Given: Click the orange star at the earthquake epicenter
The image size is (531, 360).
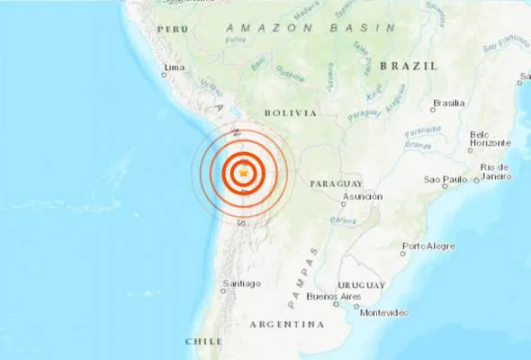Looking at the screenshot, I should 243,171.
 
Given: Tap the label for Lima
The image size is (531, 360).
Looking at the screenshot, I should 175,67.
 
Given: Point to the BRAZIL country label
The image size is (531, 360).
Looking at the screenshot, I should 409,66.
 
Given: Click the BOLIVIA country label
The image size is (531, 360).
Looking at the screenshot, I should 291,112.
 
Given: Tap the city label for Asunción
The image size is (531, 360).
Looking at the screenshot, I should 363,195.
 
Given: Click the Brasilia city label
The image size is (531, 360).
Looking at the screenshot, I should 448,103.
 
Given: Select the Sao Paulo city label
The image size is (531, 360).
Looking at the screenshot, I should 456,181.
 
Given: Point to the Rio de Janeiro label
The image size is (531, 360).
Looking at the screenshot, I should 496,171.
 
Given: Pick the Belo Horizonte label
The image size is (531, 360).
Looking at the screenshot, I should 491,139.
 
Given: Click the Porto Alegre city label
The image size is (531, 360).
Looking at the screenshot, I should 428,246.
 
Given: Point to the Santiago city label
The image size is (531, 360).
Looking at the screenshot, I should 241,283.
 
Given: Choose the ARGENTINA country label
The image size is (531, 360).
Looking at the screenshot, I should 286,324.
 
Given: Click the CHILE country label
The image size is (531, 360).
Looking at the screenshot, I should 203,341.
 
